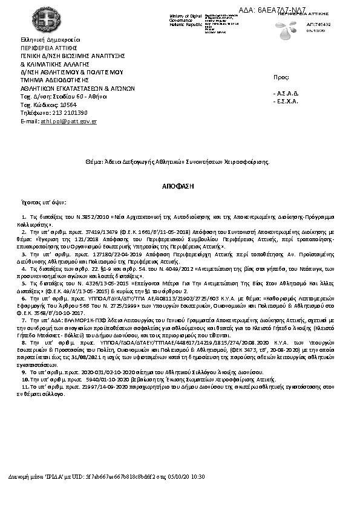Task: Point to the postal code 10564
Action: [68, 105]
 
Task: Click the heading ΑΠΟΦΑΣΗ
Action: [180, 187]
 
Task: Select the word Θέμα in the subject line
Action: [93, 162]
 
